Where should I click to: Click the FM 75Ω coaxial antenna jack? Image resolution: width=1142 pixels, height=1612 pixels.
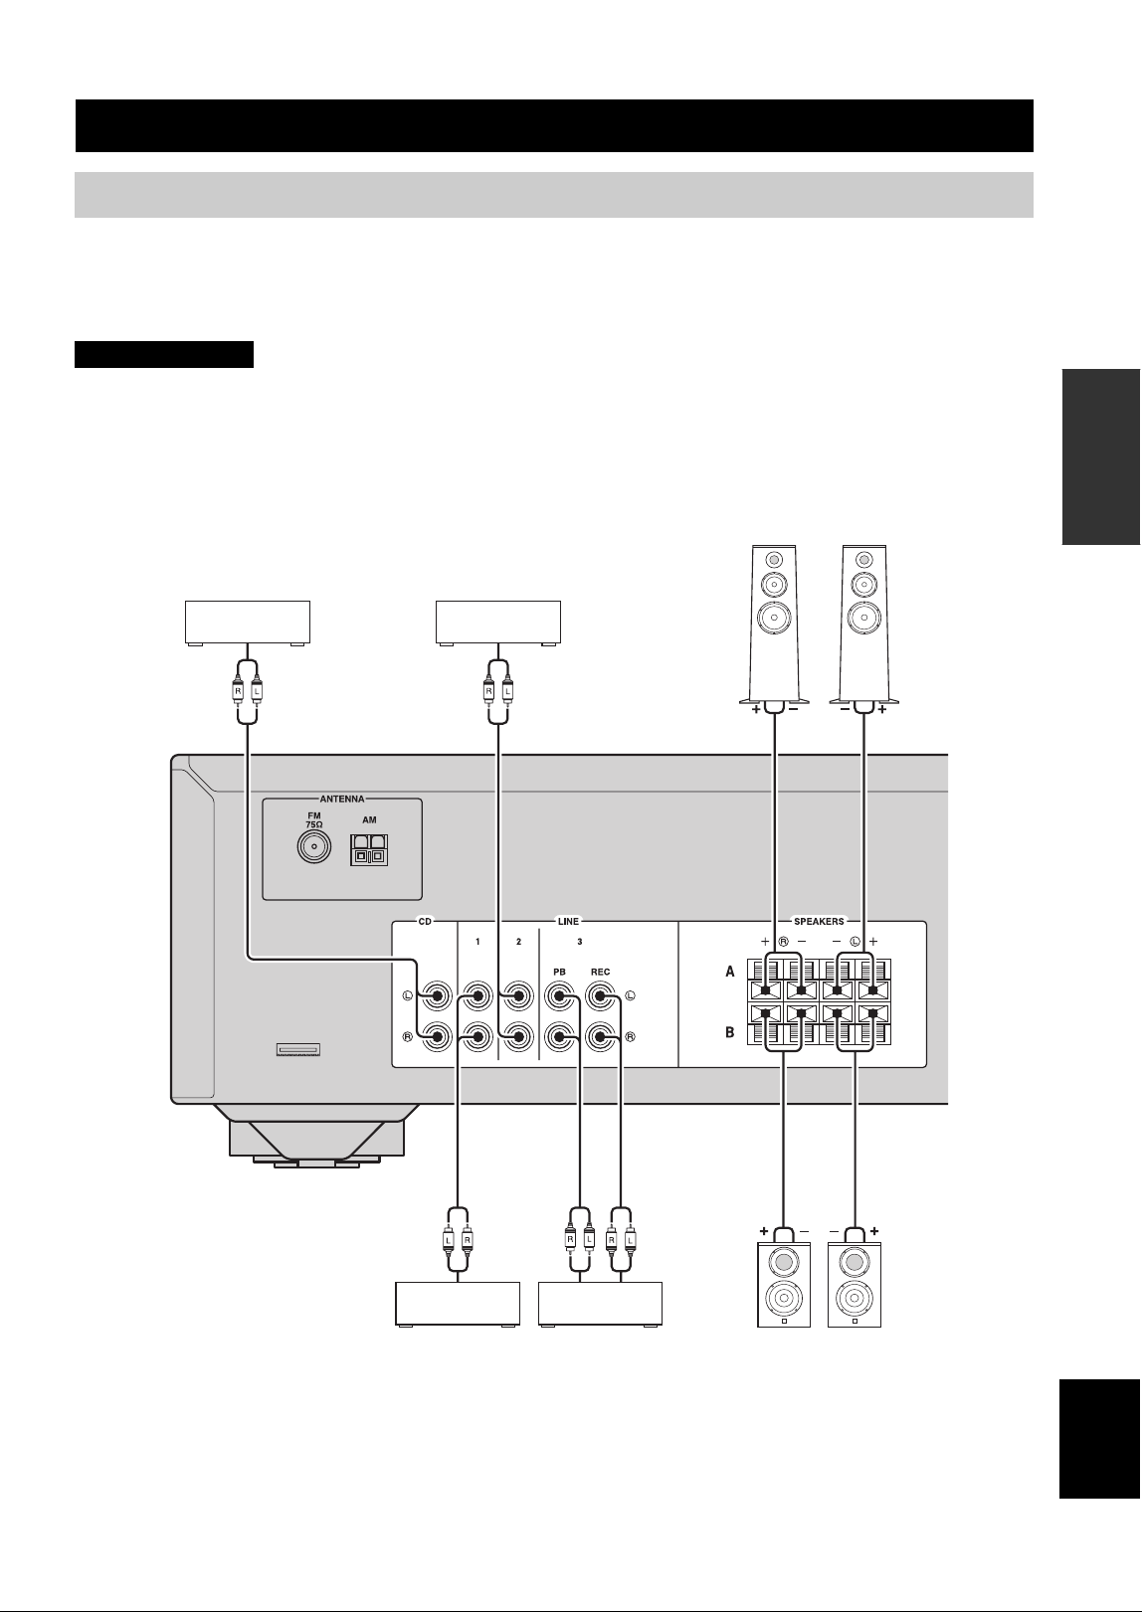click(314, 847)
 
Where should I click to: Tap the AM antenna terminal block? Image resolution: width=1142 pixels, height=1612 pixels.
click(369, 850)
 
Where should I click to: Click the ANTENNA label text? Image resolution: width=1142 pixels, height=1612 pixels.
click(342, 799)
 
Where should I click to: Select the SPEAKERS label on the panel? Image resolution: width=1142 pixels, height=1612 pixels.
click(819, 921)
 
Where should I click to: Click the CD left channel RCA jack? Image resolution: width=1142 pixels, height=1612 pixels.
click(437, 996)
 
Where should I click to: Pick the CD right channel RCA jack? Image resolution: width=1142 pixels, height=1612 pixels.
click(437, 1037)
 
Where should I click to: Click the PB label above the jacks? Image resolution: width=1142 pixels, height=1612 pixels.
click(559, 972)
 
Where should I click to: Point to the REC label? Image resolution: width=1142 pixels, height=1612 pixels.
click(601, 972)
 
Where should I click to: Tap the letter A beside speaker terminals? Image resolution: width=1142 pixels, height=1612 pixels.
click(730, 972)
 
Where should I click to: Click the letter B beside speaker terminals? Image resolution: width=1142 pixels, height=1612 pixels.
click(730, 1032)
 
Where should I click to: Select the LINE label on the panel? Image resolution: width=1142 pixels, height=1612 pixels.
click(568, 921)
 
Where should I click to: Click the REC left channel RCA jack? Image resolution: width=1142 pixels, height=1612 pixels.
click(601, 996)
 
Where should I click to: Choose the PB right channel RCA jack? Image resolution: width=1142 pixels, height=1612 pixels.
click(559, 1037)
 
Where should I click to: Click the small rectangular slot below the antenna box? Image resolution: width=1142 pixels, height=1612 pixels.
click(298, 1050)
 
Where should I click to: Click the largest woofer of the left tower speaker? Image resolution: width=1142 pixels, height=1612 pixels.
click(774, 618)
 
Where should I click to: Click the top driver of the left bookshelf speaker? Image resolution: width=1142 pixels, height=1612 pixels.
click(784, 1262)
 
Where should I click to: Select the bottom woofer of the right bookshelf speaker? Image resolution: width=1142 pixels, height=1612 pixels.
click(854, 1298)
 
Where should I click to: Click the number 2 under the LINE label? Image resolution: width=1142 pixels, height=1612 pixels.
click(518, 942)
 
